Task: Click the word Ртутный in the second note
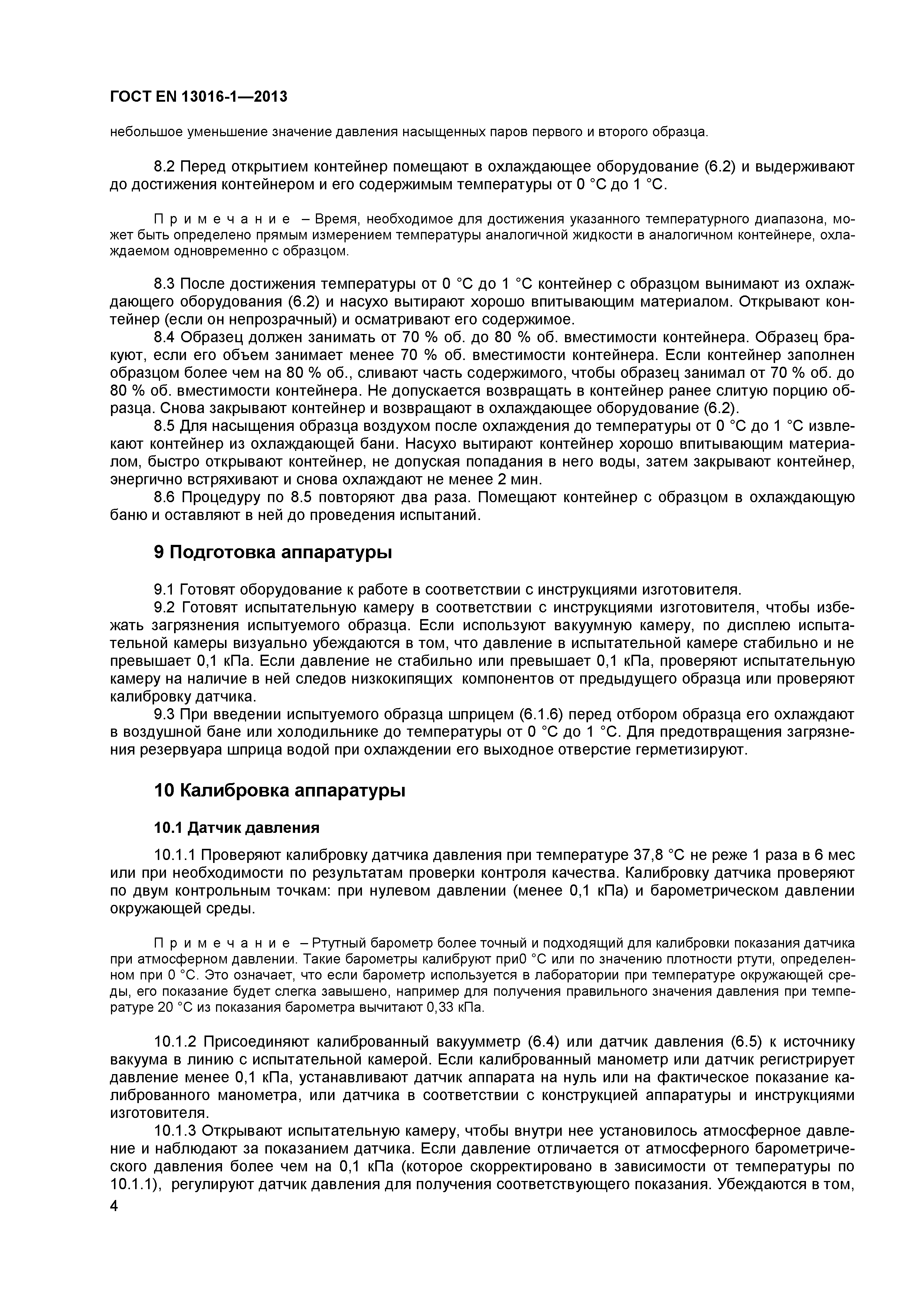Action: click(338, 943)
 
